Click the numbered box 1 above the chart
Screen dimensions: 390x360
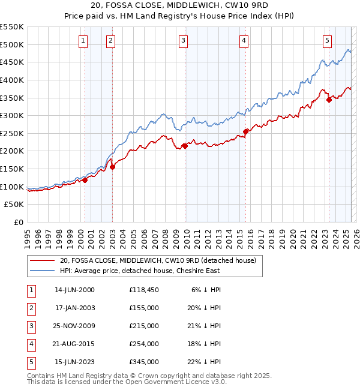tap(82, 41)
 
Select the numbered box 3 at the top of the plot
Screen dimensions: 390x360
tap(183, 41)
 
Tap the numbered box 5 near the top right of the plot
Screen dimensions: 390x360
tap(327, 41)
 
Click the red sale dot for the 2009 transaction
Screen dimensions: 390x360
tap(185, 145)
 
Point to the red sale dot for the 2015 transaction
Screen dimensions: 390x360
tap(245, 131)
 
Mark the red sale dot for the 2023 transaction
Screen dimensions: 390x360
tap(329, 100)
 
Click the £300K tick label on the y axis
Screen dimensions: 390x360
tap(12, 115)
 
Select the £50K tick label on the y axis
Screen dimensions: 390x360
tap(14, 205)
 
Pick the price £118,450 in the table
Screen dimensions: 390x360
tap(143, 290)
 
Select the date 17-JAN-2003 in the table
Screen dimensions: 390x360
tap(74, 308)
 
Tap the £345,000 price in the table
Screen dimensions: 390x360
tap(143, 362)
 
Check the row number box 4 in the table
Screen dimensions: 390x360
tap(31, 344)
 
